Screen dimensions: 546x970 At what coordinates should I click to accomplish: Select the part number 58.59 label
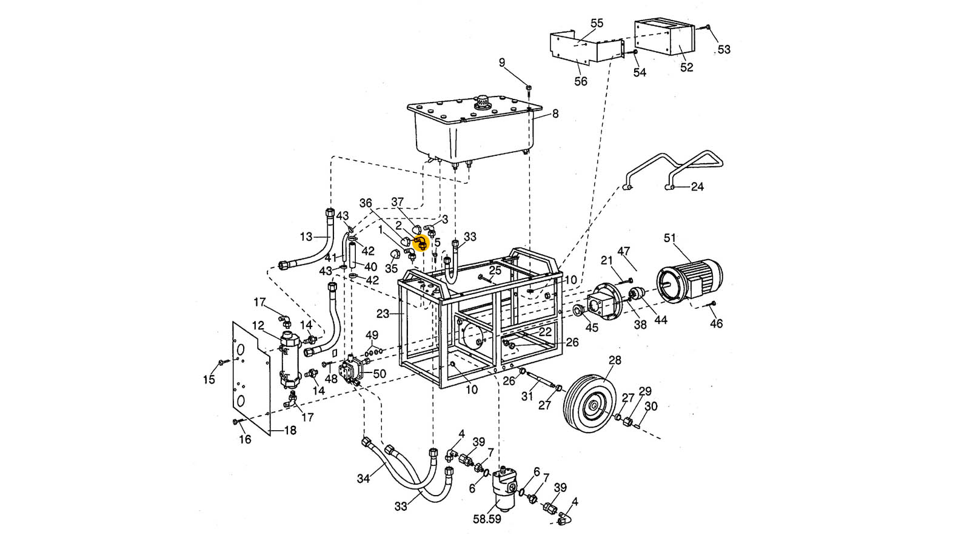[x=487, y=519]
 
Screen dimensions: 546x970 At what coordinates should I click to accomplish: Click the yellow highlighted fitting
[x=421, y=243]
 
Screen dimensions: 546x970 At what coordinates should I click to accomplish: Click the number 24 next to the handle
[x=697, y=187]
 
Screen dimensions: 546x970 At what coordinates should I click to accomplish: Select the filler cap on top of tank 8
[x=483, y=101]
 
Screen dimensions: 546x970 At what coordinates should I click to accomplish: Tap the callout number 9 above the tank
[x=502, y=62]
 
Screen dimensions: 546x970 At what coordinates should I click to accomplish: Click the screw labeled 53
[x=708, y=28]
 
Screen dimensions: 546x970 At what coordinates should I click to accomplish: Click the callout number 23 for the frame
[x=383, y=314]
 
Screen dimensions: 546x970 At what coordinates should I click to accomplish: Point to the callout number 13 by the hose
[x=306, y=237]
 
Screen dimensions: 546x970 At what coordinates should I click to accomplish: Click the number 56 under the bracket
[x=581, y=81]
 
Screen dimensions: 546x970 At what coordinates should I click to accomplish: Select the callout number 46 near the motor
[x=717, y=324]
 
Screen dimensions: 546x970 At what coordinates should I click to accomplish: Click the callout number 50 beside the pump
[x=380, y=374]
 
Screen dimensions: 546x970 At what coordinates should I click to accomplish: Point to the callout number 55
[x=597, y=23]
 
